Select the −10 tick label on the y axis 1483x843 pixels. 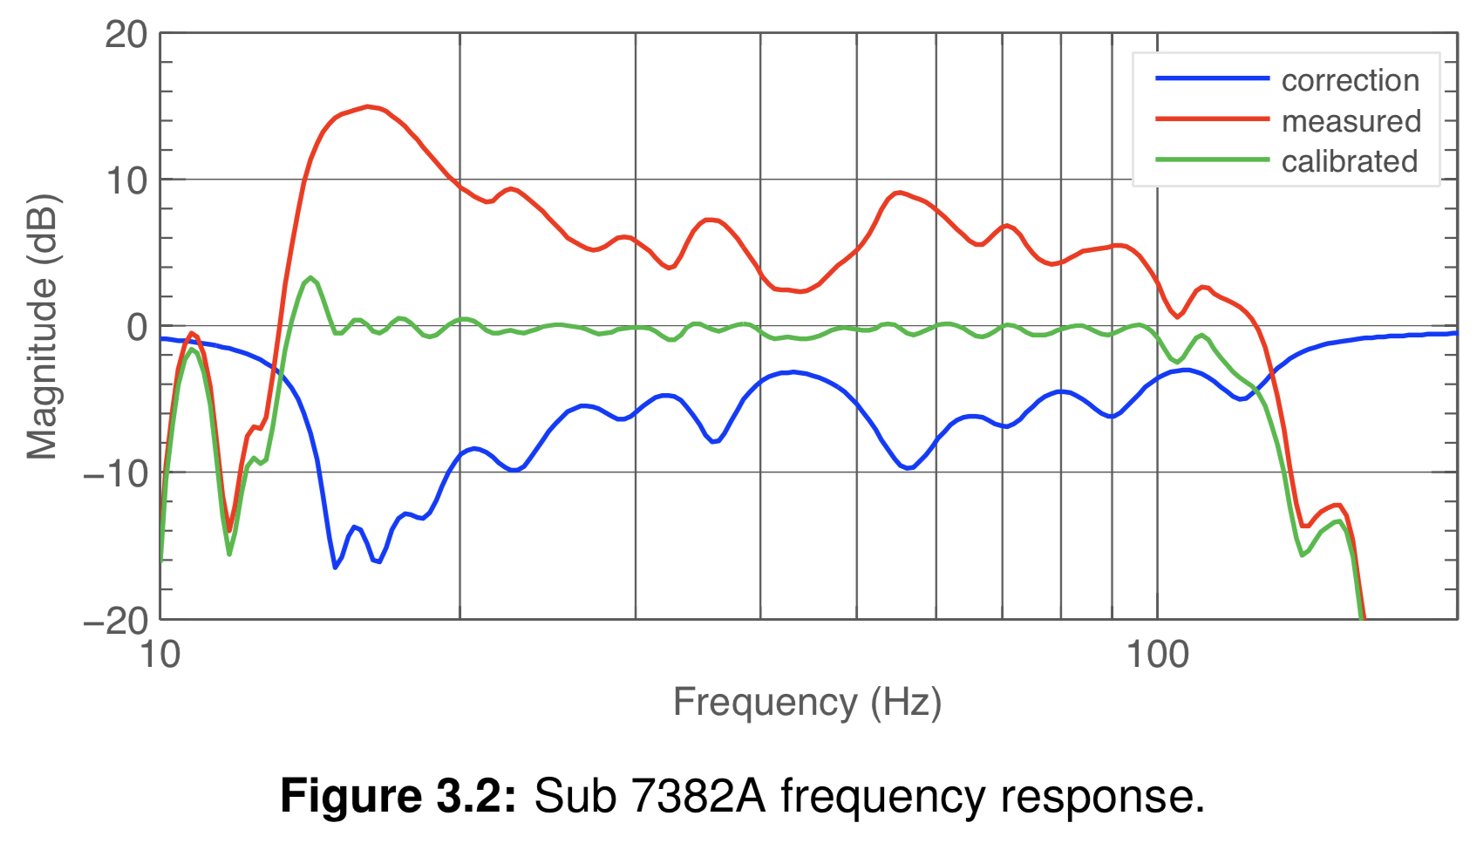coord(115,474)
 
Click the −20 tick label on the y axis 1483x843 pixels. coord(115,622)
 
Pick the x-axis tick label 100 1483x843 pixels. coord(1157,654)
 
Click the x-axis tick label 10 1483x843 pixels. coord(160,654)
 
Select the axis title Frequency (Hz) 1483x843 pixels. coord(807,703)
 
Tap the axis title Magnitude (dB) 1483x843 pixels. coord(42,327)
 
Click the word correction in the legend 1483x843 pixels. coord(1350,80)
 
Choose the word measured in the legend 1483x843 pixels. coord(1350,121)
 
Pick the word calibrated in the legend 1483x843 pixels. coord(1349,161)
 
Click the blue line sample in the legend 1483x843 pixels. coord(1212,78)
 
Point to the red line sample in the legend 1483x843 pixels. coord(1212,119)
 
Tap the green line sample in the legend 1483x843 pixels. coord(1212,160)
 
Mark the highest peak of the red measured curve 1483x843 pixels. coord(367,106)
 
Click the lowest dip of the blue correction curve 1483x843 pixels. coord(335,568)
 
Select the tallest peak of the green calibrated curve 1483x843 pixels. coord(310,278)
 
